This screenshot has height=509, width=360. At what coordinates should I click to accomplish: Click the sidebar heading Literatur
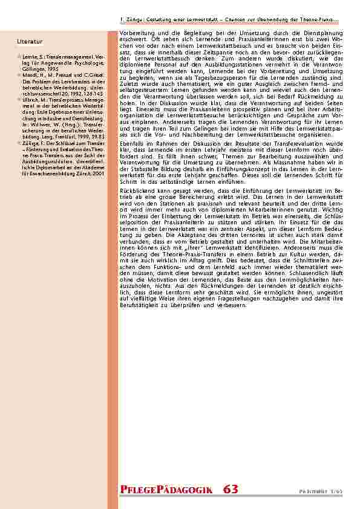click(x=30, y=42)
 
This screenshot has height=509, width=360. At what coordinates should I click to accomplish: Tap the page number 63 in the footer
click(x=230, y=489)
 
